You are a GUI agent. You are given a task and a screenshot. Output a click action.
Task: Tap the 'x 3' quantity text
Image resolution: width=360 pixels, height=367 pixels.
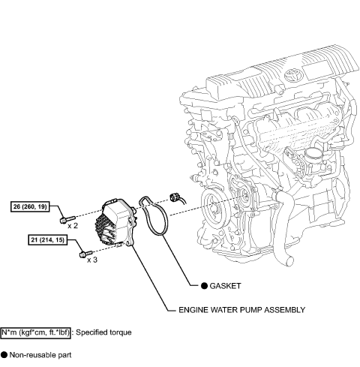pos(93,260)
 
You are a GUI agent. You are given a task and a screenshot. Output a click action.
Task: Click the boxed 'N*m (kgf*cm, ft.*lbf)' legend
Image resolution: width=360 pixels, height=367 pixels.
pos(42,331)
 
